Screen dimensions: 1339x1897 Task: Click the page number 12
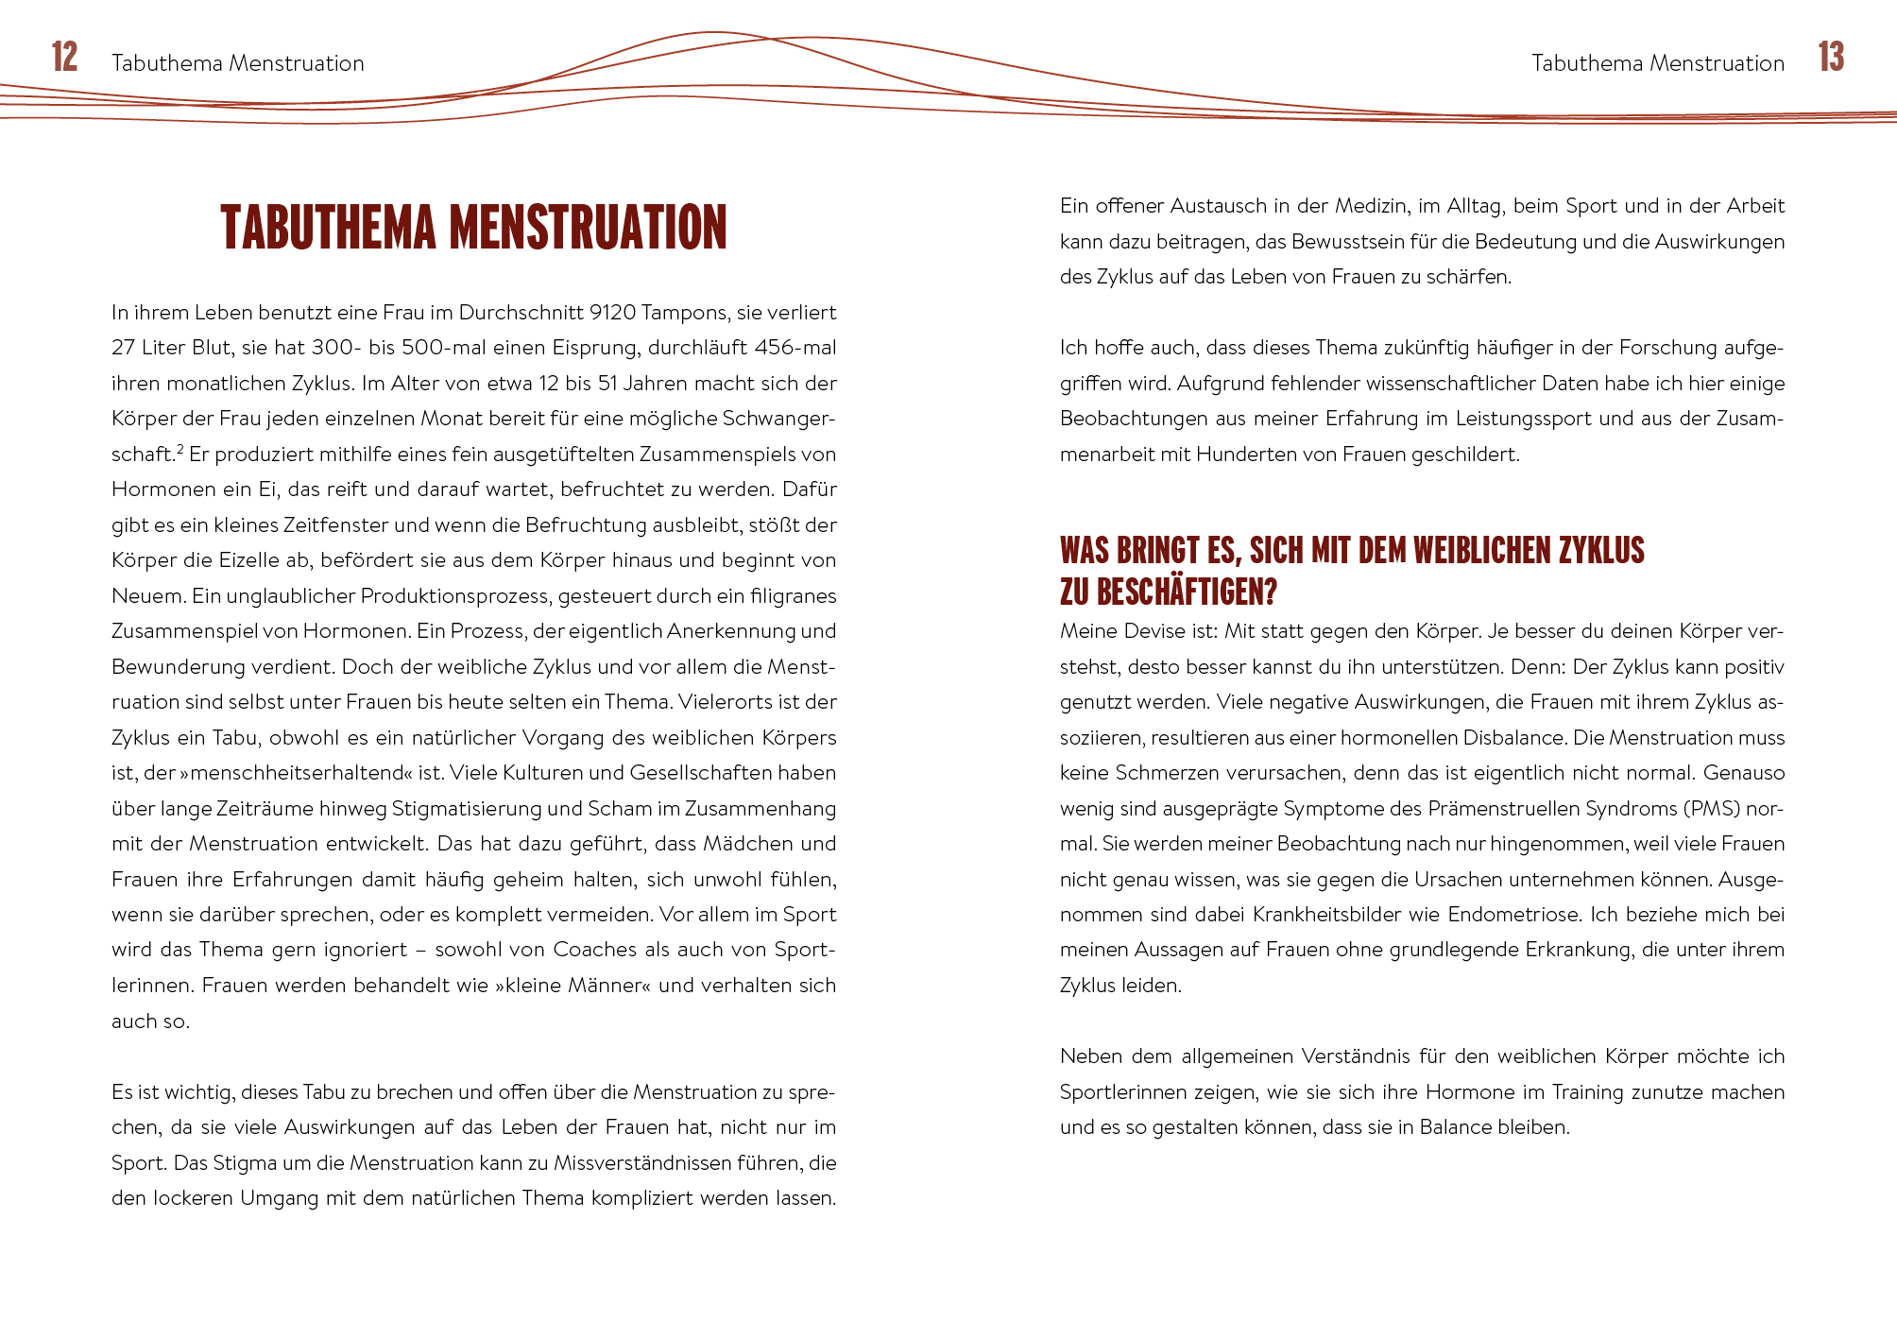[64, 58]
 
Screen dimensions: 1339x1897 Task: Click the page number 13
[1831, 58]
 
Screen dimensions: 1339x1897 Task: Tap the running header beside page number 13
[1657, 63]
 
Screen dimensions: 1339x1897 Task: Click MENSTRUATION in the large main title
[588, 228]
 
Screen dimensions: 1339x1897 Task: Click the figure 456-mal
[795, 348]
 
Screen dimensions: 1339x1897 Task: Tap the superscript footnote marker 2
[179, 448]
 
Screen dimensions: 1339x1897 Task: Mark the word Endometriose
[1514, 915]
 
